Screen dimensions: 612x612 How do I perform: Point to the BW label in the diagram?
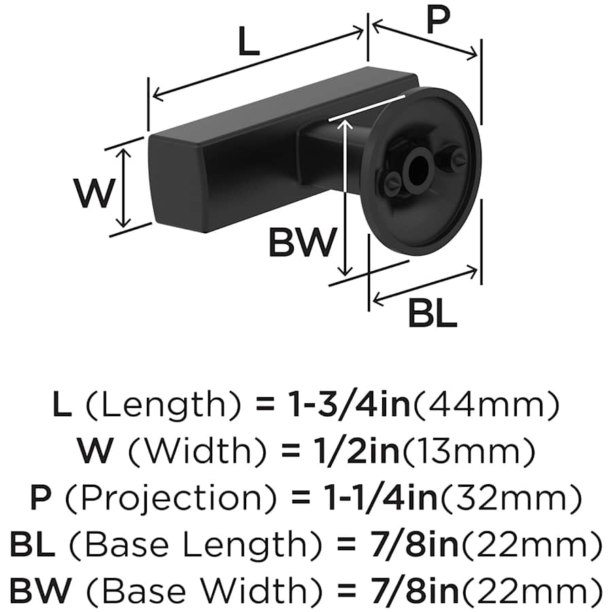click(303, 242)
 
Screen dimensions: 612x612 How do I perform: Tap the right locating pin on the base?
click(454, 159)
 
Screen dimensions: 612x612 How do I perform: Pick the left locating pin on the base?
click(392, 182)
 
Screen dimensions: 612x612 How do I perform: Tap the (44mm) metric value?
click(486, 406)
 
